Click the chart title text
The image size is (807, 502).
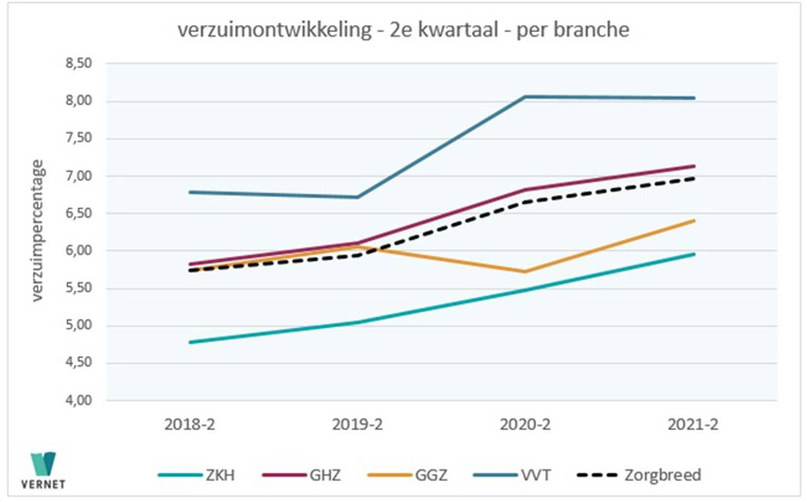click(403, 30)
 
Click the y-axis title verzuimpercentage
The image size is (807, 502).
click(39, 231)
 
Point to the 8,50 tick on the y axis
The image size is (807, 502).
click(79, 64)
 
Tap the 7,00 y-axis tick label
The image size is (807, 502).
click(79, 176)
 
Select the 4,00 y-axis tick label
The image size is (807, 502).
click(79, 400)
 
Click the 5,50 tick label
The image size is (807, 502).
click(79, 288)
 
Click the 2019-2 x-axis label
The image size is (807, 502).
click(357, 424)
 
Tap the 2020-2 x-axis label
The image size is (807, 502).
click(525, 424)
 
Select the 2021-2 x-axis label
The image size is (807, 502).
click(693, 424)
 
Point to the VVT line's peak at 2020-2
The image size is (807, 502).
click(525, 96)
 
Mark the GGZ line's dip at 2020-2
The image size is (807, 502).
click(525, 272)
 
